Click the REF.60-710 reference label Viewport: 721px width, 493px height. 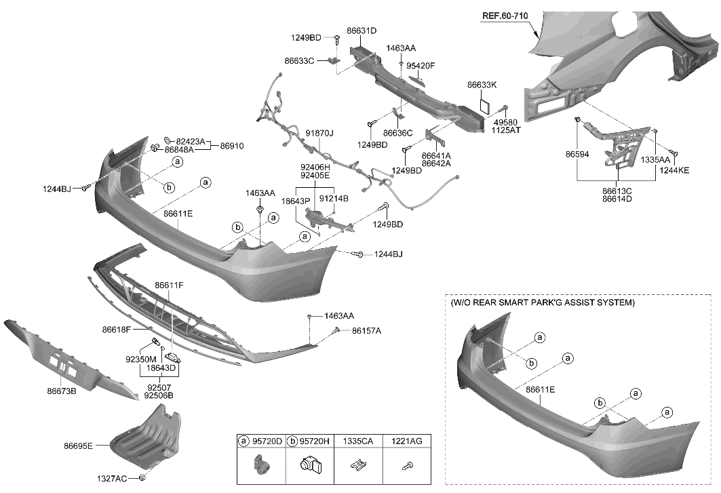(505, 16)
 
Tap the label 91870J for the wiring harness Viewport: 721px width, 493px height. (319, 134)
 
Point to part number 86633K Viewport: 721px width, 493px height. (482, 85)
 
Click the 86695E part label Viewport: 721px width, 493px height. (79, 446)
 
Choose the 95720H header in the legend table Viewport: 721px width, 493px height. (315, 441)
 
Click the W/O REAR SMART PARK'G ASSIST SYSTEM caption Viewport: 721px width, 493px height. (542, 302)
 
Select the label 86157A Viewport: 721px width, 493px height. (366, 331)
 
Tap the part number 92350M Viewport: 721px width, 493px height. (140, 359)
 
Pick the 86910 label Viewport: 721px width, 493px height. (231, 146)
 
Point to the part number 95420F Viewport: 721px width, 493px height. (421, 66)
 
